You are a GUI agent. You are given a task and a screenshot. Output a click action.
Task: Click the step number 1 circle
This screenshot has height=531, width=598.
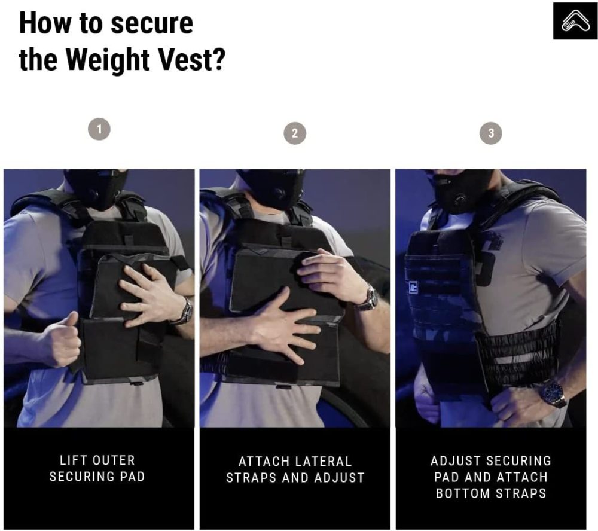point(99,129)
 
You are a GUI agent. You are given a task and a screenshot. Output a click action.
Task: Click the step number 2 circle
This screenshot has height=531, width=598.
point(295,133)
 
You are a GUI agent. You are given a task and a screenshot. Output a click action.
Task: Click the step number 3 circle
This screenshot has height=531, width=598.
point(491,133)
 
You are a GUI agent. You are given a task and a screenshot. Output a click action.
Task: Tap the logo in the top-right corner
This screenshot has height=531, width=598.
point(575,20)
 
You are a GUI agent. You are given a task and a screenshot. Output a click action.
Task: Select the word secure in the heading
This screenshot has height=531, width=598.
point(152,24)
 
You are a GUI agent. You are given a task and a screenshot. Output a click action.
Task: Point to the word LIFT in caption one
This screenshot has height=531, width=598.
point(71,460)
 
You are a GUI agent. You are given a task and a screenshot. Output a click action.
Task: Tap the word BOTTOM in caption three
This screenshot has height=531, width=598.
point(463,493)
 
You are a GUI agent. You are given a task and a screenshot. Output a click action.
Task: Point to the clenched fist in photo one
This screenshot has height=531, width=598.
point(61,340)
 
